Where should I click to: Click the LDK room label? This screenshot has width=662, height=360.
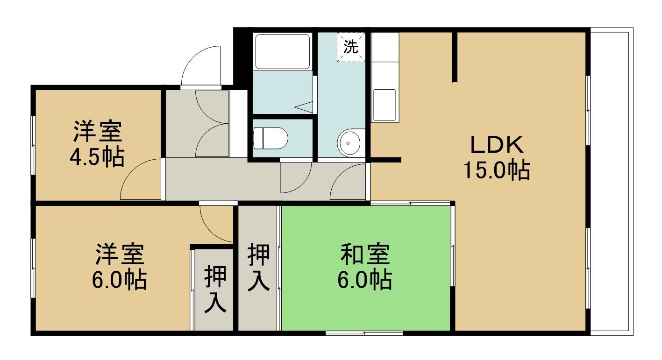coord(497,145)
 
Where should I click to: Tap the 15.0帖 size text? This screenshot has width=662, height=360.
coord(497,170)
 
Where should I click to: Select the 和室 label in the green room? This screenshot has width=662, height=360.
coord(365,254)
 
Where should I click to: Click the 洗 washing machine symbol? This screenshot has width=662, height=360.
coord(351,47)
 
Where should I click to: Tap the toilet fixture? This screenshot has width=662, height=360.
coord(270,138)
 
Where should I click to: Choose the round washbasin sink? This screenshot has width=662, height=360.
coord(349,143)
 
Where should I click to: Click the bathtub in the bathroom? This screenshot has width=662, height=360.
coord(283,52)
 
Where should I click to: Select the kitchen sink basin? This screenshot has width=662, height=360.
coord(384,105)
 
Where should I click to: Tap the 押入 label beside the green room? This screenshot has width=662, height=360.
coord(259,268)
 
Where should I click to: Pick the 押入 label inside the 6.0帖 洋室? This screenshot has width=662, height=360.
coord(215,289)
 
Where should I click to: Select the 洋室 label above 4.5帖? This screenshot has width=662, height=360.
coord(98,132)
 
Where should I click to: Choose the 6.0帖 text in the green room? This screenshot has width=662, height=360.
coord(365,279)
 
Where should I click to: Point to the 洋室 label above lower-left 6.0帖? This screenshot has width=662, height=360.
coord(120,254)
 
